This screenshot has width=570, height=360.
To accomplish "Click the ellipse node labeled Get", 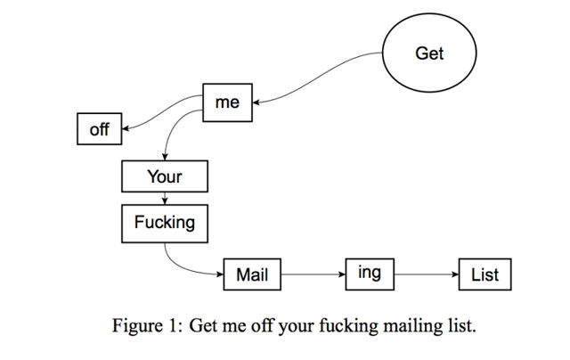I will coord(429,53).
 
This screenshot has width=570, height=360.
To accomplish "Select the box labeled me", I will coord(227,102).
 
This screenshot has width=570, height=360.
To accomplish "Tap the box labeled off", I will coord(99,130).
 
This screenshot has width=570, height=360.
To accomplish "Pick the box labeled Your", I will coord(164,176).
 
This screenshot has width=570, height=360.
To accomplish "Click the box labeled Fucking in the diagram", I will coord(164,223).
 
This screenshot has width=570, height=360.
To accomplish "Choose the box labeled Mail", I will coord(252,274).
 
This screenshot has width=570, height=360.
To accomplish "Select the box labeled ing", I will coord(370,274).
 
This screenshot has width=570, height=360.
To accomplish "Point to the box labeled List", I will coord(484,274).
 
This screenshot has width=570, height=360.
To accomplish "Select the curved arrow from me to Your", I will coord(171,134).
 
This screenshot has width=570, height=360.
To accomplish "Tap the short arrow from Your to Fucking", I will coord(165,198).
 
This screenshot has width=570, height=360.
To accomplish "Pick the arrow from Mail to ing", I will coord(313,274).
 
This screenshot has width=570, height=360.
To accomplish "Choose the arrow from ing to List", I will coord(426,274).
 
